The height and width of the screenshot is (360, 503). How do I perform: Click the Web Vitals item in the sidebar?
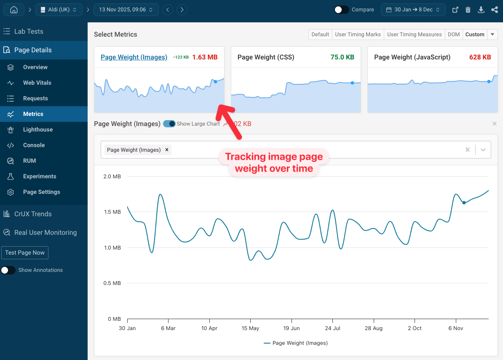click(37, 83)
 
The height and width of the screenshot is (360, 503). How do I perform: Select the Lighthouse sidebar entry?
click(37, 129)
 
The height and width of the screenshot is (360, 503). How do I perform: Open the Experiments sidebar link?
click(39, 176)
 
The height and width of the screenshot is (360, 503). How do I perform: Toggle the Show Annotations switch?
click(8, 270)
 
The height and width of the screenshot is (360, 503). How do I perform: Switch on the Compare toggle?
click(341, 10)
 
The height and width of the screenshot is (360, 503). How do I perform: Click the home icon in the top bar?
click(14, 10)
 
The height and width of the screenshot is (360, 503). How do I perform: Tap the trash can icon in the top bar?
click(468, 10)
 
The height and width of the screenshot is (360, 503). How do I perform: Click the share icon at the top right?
click(495, 10)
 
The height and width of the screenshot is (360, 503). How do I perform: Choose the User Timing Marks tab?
click(358, 35)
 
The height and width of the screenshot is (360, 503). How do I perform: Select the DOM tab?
click(454, 35)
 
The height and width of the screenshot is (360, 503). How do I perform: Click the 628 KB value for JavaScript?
click(480, 57)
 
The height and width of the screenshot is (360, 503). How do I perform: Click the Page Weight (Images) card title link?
click(134, 57)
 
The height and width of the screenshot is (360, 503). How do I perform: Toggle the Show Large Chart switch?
click(169, 124)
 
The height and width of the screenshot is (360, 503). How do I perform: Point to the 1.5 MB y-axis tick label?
click(112, 212)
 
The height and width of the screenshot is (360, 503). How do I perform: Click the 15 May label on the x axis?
click(250, 328)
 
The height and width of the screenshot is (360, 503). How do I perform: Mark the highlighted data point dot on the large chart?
click(464, 203)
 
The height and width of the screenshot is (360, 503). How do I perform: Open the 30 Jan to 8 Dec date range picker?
click(413, 10)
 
